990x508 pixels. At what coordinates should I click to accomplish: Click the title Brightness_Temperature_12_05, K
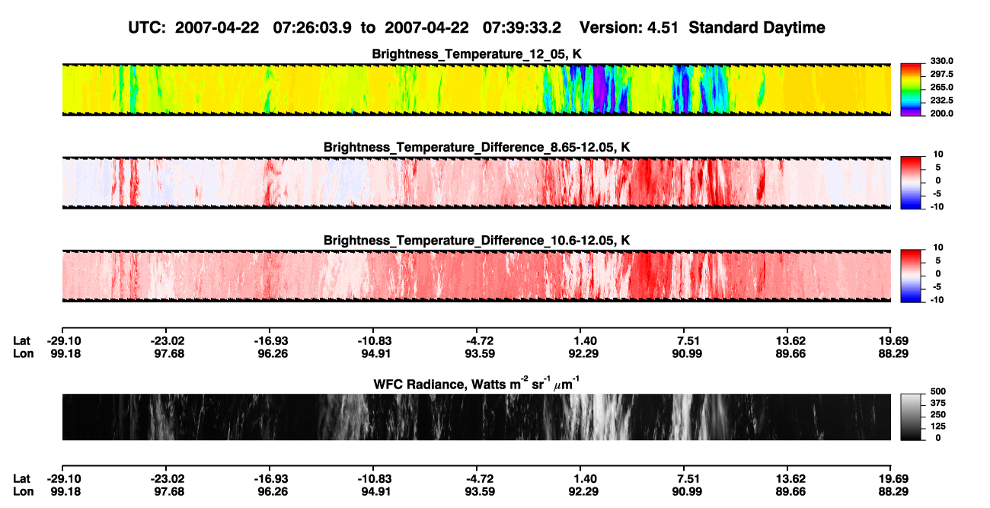(477, 54)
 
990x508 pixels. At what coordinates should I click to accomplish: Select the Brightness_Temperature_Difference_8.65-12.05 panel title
(477, 147)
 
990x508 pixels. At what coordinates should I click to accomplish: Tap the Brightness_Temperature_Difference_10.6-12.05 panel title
(477, 241)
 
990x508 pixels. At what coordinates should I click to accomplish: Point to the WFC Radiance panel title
(477, 383)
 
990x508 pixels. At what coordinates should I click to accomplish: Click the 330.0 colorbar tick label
(941, 61)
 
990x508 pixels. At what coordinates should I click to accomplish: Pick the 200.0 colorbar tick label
(941, 113)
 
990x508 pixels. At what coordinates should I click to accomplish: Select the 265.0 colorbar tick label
(941, 87)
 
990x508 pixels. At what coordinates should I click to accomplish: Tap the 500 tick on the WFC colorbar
(937, 391)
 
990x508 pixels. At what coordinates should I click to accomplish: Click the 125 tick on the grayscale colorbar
(937, 427)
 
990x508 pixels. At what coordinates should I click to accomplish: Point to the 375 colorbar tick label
(937, 403)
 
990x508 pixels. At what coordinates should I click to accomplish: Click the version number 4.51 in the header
(663, 28)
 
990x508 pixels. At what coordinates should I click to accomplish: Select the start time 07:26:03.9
(312, 28)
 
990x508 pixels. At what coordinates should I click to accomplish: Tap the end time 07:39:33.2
(522, 28)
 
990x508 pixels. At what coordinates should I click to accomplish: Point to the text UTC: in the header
(147, 28)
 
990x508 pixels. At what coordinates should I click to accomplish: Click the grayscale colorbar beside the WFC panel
(911, 417)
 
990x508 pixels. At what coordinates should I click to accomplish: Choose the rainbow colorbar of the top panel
(911, 90)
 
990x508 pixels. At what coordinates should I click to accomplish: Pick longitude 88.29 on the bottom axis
(893, 492)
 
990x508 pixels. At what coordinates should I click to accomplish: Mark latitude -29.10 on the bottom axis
(64, 479)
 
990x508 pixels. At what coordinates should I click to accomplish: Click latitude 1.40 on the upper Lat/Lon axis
(585, 341)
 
